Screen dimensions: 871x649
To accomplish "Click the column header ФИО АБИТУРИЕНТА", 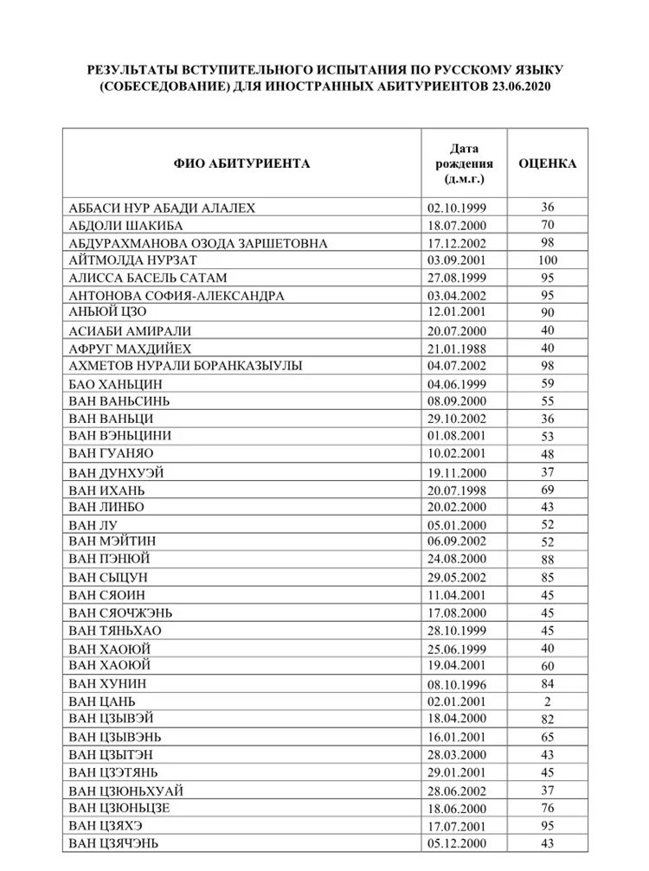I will coord(241,163).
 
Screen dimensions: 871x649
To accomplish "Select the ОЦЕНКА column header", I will coord(547,163).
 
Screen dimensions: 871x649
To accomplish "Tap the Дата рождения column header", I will coord(464,163).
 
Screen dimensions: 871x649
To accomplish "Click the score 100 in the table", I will coord(547,260).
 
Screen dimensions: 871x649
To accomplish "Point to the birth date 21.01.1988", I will coord(457,348).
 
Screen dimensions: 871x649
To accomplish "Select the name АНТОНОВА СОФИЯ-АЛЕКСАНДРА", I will coord(176,296).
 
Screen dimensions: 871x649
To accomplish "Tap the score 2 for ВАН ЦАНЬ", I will coord(547,701).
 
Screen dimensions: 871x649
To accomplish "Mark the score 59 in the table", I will coord(547,383).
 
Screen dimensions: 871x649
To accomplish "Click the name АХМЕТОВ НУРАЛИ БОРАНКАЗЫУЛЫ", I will coord(185,366).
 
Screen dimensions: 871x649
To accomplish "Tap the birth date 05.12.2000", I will coord(457,843).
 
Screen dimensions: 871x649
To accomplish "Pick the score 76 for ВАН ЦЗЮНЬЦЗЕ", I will coord(547,808).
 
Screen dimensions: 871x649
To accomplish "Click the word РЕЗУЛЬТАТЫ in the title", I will coord(132,69).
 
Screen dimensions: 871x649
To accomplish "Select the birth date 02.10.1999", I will coord(457,208).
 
